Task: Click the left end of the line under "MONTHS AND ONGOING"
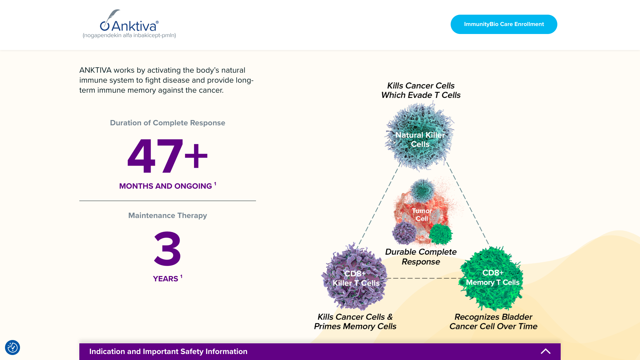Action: [x=79, y=201]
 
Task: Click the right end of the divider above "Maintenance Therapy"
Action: [x=256, y=201]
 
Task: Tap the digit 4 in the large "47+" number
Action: [x=141, y=156]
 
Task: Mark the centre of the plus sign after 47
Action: [x=196, y=156]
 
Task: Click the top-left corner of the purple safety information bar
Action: [x=79, y=343]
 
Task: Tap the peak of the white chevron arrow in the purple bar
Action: [x=546, y=349]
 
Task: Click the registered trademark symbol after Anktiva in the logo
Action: [x=157, y=22]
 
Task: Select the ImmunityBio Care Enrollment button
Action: [x=504, y=24]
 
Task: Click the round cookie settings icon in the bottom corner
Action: [x=13, y=347]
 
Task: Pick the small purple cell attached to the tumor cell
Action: [x=404, y=233]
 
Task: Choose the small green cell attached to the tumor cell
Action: [x=440, y=234]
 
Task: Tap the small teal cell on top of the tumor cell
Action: [x=423, y=190]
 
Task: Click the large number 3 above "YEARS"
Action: [x=168, y=248]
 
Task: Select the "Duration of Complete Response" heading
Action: [x=168, y=123]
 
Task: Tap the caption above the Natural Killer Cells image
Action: [x=421, y=90]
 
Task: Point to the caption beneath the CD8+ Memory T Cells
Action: [x=493, y=321]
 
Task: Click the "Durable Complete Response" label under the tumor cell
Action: [x=421, y=257]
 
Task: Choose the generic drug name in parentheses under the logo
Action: [x=129, y=35]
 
